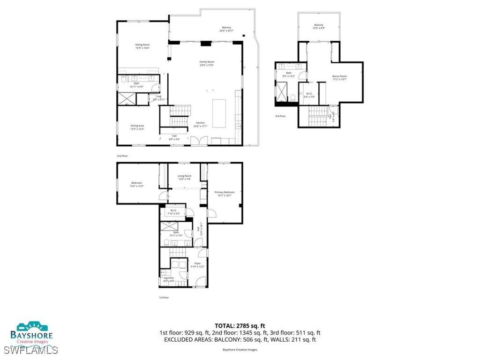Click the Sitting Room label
pos(142,46)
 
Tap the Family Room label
pos(207,63)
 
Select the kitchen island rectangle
pos(219,113)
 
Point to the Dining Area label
pos(137,127)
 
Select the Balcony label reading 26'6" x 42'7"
pos(226,29)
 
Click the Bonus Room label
pos(339,77)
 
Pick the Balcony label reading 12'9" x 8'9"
pos(318,26)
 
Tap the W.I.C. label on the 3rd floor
pos(309,95)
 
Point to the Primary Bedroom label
pos(224,194)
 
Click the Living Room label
pos(184,177)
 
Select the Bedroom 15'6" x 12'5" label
pos(136,184)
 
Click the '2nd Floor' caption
pos(122,155)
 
